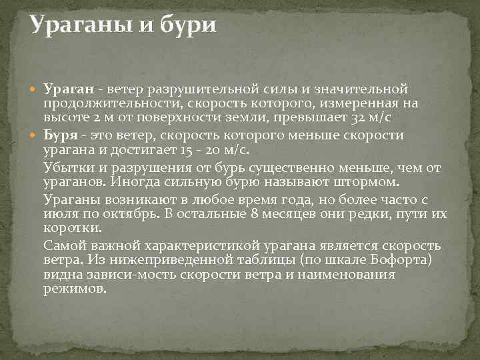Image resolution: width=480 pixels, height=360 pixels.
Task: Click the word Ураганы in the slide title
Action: (x=83, y=26)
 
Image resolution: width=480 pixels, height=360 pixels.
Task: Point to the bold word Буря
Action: (x=59, y=136)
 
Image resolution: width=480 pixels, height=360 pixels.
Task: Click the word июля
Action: (x=58, y=213)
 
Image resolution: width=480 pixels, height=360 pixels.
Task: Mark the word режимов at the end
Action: (x=75, y=289)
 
